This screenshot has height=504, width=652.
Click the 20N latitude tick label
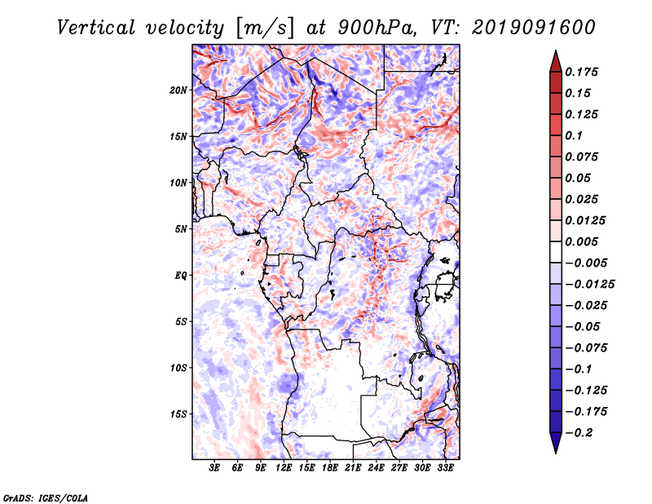pos(178,91)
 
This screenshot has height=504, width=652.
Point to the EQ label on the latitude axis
pos(180,276)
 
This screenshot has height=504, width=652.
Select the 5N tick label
pos(181,229)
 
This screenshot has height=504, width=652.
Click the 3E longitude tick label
pos(214,468)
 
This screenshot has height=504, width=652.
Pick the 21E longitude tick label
pos(353,468)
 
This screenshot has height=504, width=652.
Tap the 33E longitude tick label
pos(445,468)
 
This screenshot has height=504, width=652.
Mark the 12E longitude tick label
pos(283,468)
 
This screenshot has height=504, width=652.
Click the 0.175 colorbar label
pos(581,72)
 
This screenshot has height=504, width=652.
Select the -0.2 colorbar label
pos(579,433)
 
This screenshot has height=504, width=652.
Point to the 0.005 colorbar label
pos(581,241)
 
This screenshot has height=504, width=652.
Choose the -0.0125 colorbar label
pos(589,285)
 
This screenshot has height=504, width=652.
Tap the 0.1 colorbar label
pos(574,135)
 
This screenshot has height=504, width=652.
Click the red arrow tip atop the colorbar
pos(556,51)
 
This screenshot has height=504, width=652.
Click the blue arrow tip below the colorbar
pos(556,452)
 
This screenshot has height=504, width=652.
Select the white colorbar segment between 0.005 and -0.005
pos(556,252)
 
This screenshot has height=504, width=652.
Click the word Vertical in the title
pos(96,28)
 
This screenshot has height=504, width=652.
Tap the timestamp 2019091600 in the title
pos(534,28)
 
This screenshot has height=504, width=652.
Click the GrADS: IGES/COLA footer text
pos(46,497)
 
